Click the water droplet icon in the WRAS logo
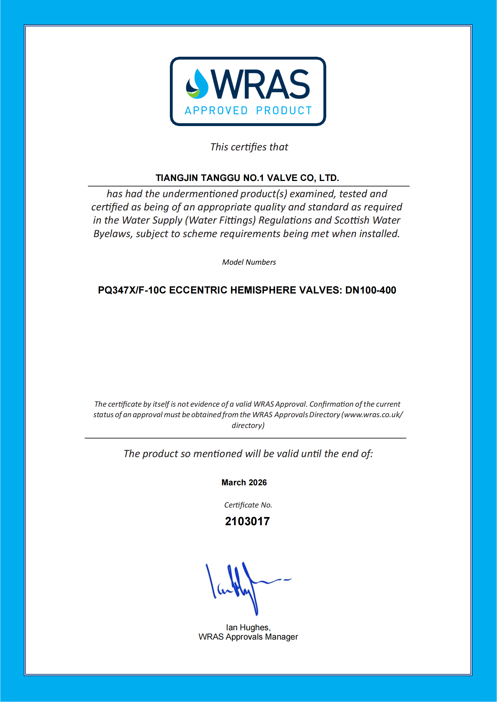197,84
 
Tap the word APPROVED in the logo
216,111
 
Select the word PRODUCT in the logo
284,111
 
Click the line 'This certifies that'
249,147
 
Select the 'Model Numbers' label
249,262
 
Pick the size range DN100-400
371,290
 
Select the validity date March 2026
244,483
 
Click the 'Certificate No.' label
248,505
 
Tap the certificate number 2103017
247,521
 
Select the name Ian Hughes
248,628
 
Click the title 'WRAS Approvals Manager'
248,637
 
